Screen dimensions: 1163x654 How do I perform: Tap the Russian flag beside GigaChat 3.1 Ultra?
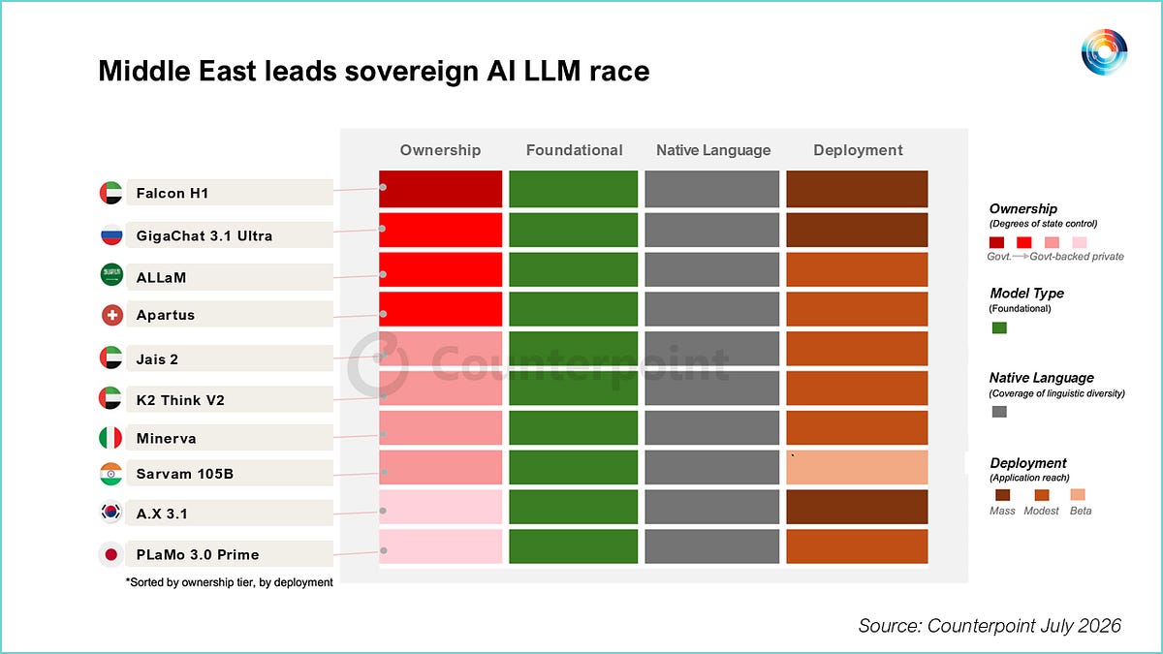[x=111, y=234]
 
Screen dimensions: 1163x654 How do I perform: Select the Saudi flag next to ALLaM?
[x=111, y=274]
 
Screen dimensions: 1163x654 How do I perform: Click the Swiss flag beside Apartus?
[x=111, y=315]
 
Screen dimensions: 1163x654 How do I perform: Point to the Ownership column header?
[x=440, y=150]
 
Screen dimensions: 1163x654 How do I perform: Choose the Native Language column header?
[x=713, y=150]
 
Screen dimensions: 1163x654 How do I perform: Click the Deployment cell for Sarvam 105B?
[x=857, y=467]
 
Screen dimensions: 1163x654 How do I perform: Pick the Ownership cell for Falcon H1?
[x=440, y=189]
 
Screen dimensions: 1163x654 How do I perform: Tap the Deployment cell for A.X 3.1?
[x=857, y=507]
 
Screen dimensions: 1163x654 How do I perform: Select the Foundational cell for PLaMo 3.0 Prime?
[x=573, y=546]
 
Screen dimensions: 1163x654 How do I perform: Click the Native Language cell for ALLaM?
[x=711, y=269]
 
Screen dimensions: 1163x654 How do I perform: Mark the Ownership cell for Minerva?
[x=440, y=427]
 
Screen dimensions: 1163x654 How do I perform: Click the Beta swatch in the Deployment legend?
[x=1078, y=494]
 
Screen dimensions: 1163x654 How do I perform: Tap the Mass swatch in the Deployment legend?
[x=1002, y=495]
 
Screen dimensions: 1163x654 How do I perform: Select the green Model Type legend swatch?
[x=999, y=327]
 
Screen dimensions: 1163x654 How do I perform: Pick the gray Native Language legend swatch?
[x=999, y=412]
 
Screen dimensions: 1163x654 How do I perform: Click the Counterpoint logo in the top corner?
[x=1104, y=52]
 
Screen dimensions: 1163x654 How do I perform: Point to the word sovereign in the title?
[x=411, y=71]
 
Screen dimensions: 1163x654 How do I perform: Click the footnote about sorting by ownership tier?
[x=229, y=582]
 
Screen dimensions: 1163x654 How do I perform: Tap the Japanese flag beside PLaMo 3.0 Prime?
[x=110, y=554]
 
